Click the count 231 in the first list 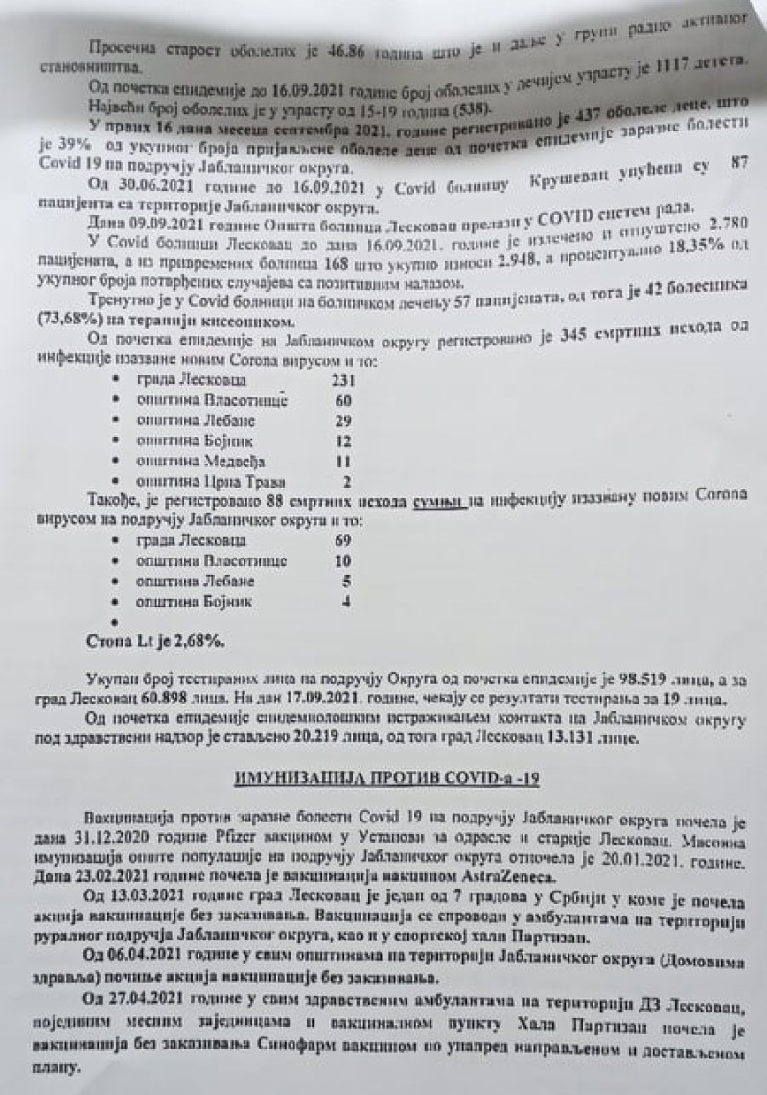[x=336, y=380]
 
